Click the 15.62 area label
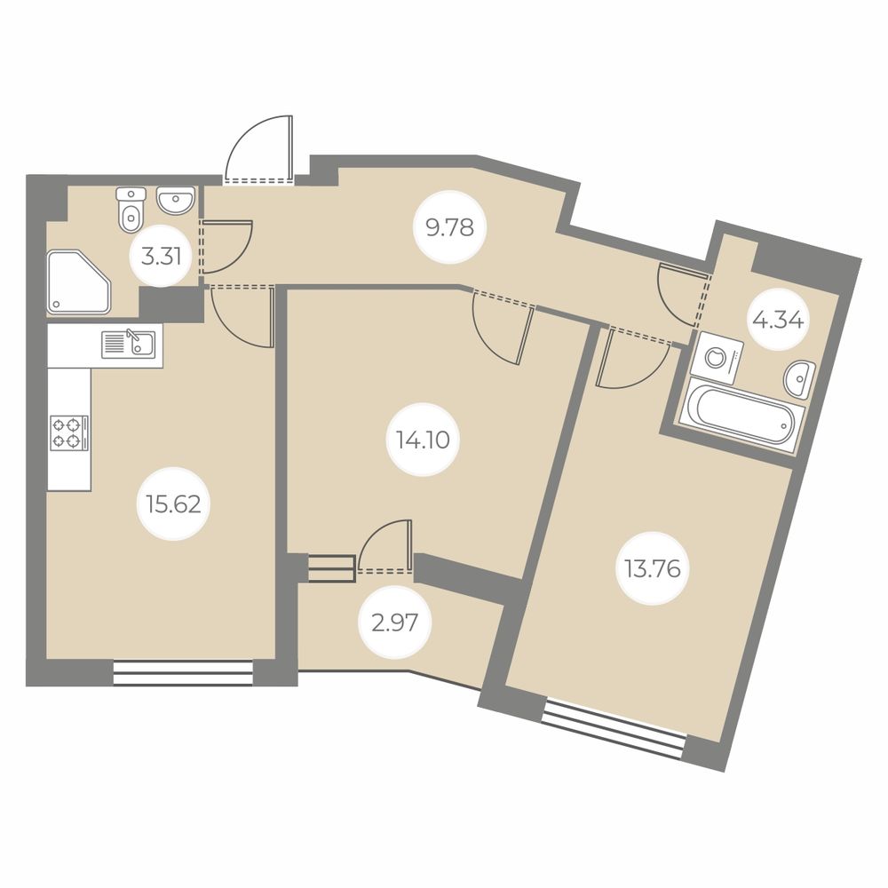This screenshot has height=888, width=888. tap(173, 503)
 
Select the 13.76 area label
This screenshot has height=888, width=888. tap(653, 568)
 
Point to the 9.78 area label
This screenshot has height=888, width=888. tap(450, 227)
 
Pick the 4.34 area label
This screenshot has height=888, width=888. tap(778, 321)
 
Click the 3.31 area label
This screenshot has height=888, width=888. tap(162, 258)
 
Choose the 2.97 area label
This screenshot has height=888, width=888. tap(395, 623)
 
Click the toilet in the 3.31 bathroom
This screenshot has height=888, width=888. tap(131, 210)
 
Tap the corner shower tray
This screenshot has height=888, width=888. tap(79, 281)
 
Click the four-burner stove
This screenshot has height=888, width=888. tap(69, 432)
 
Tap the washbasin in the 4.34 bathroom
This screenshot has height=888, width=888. tap(799, 379)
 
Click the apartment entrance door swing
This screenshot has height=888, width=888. tap(259, 148)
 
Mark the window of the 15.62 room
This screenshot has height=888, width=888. tap(183, 673)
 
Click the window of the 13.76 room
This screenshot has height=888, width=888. tap(614, 729)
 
